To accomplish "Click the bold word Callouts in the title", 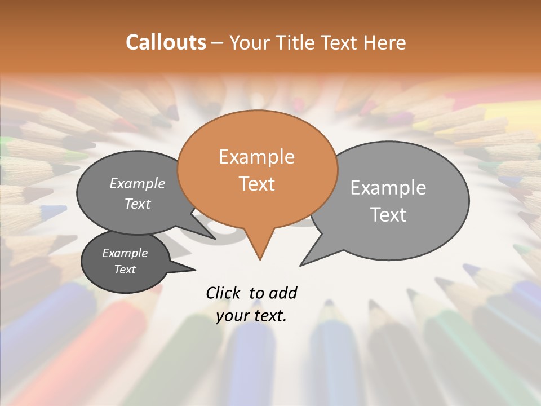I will coord(166,42).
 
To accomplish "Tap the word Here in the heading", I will coord(385,42).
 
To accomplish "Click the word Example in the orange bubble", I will coord(256,157).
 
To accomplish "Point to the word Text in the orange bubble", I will coord(256,184).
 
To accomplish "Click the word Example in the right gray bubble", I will coord(388,188).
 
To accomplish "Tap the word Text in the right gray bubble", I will coord(388,215).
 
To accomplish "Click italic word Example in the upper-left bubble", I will coord(138,184).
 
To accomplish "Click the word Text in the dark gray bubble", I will coord(125,270).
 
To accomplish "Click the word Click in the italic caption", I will coord(224,293).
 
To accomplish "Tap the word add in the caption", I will coord(282,293).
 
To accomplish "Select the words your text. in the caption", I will coord(251,316).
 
